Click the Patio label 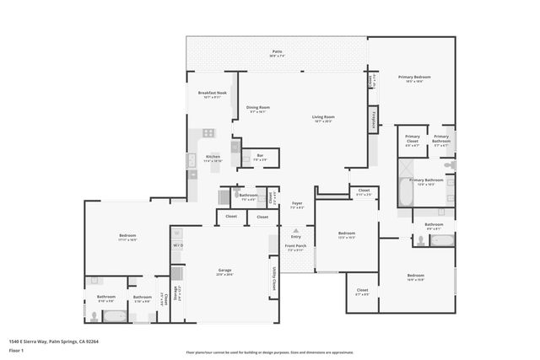[x=277, y=51]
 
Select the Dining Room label [x=258, y=108]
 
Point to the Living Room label [x=323, y=117]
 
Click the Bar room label [x=260, y=156]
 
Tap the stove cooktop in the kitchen [x=207, y=133]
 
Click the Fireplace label [x=373, y=119]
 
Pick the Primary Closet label [x=413, y=139]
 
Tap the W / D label [x=178, y=245]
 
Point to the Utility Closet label [x=274, y=280]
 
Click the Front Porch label [x=295, y=248]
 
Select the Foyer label [x=297, y=204]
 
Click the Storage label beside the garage [x=175, y=293]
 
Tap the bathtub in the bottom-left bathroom [x=113, y=317]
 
